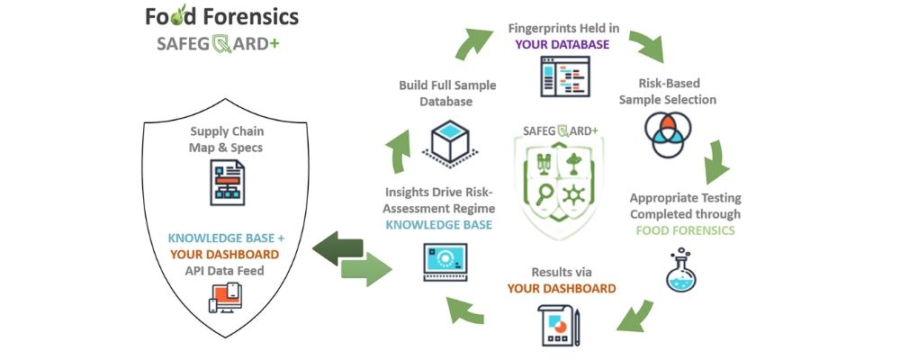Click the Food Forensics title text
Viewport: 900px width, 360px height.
221,16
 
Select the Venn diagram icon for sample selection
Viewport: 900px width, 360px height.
667,132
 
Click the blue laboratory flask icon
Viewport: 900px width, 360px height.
683,271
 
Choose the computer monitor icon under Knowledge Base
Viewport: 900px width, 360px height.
445,263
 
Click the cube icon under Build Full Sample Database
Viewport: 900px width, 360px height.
446,142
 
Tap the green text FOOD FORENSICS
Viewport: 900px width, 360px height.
685,230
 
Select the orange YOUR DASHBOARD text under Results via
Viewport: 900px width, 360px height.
562,288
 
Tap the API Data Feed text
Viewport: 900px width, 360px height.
226,270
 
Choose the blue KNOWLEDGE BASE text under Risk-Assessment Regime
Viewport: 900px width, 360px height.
439,224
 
